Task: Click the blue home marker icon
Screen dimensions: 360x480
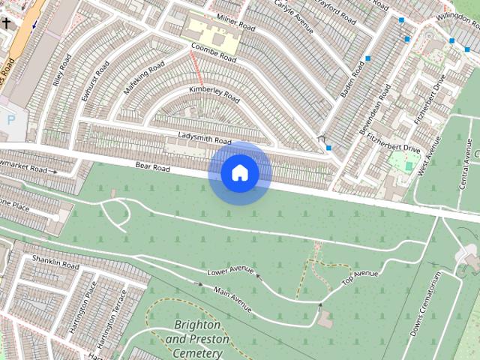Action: coord(240,173)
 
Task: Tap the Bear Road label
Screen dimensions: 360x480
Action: coord(152,165)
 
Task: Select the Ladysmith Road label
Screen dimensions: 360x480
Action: coord(205,138)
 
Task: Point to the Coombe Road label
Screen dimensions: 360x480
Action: coord(214,52)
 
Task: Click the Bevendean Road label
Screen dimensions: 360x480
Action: coord(375,109)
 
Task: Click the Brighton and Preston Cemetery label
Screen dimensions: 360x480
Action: coord(197,339)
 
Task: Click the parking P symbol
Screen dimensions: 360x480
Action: coord(10,118)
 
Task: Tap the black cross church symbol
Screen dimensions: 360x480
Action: coord(7,24)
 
